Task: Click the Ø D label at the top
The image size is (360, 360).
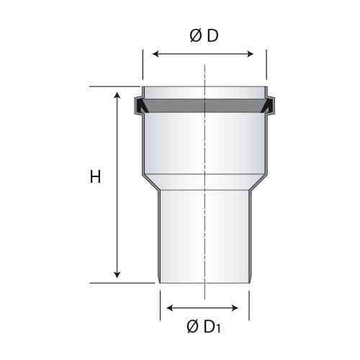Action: (x=204, y=36)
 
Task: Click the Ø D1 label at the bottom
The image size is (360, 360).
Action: (x=204, y=328)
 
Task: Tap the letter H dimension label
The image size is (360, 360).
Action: (x=95, y=177)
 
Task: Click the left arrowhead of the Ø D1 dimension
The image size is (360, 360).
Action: (x=167, y=308)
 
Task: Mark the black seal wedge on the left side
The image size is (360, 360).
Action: (x=141, y=107)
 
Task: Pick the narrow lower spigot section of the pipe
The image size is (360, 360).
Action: (x=180, y=238)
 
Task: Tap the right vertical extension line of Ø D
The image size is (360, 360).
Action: (x=266, y=65)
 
